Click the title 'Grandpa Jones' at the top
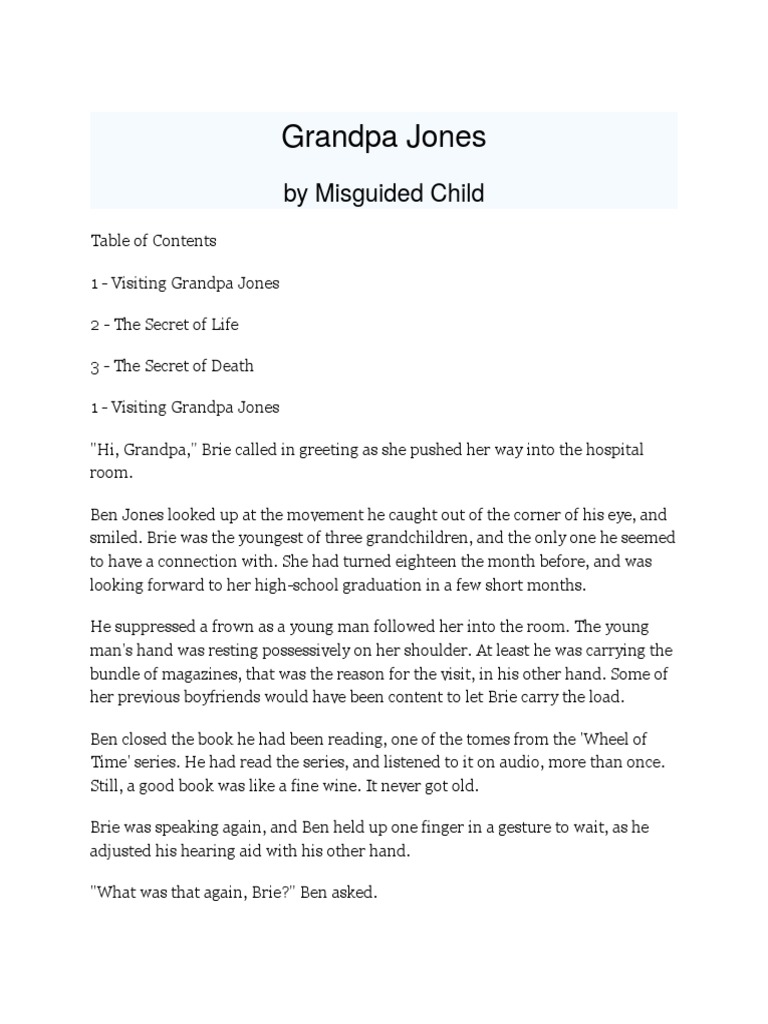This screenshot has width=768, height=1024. point(383,137)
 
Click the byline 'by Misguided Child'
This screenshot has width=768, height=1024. point(383,194)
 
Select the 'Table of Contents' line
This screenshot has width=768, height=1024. point(153,241)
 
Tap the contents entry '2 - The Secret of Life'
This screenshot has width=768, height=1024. point(164,324)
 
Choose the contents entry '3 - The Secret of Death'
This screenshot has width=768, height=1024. point(171,366)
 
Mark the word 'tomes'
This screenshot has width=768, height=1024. point(518,739)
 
